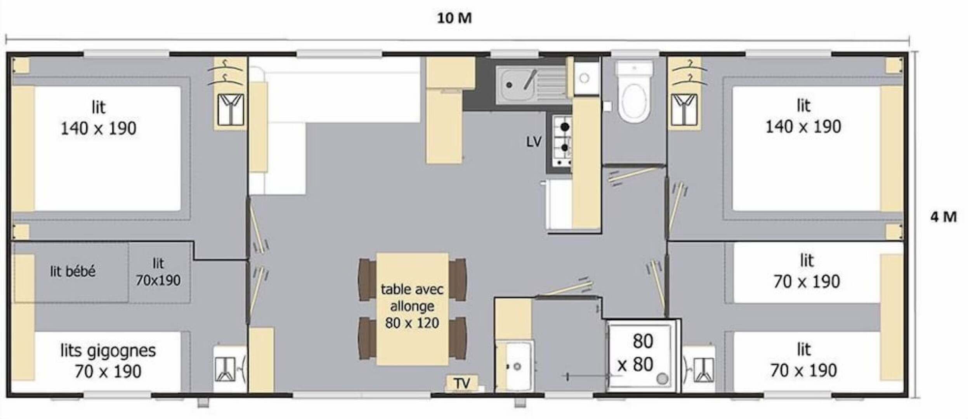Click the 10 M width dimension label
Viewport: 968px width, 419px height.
click(x=454, y=18)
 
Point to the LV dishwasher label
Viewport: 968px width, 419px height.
click(x=534, y=142)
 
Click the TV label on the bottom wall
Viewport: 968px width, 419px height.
click(x=462, y=383)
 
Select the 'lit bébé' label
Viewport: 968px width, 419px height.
click(x=73, y=271)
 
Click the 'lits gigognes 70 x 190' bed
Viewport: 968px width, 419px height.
click(x=108, y=361)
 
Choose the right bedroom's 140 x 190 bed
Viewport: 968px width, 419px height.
click(x=803, y=147)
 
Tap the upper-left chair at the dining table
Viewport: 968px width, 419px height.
click(x=367, y=279)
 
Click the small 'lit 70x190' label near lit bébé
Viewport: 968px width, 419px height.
click(x=158, y=272)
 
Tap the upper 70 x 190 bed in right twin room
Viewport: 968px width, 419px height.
click(x=806, y=272)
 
